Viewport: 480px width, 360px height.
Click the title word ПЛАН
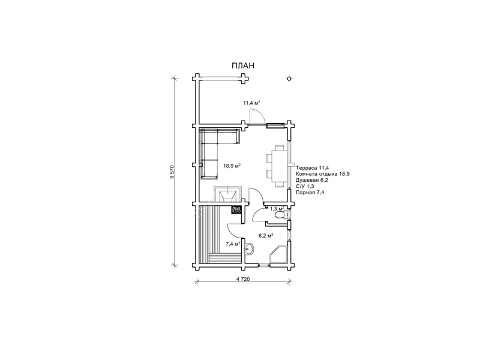click(x=243, y=66)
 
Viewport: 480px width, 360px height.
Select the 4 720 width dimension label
click(x=244, y=279)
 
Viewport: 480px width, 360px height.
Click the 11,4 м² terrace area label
click(x=251, y=103)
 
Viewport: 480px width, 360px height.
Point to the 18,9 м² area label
click(x=232, y=166)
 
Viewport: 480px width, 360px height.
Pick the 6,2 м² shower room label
click(x=266, y=235)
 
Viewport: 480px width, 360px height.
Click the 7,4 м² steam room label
click(x=233, y=244)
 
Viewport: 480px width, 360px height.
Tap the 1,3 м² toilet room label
click(x=277, y=208)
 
